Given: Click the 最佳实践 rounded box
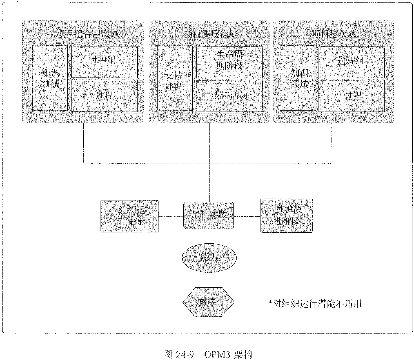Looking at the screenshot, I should click(x=209, y=215).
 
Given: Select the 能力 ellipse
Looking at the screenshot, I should click(x=209, y=257).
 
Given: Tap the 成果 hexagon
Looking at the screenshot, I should click(x=208, y=302).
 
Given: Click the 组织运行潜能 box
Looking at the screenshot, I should click(x=130, y=216).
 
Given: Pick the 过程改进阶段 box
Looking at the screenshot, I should click(x=286, y=216).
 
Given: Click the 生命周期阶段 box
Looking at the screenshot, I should click(x=229, y=62).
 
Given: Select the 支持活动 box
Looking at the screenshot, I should click(x=229, y=96).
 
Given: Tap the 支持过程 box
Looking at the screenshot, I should click(x=175, y=78).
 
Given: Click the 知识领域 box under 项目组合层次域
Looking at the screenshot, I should click(x=50, y=78).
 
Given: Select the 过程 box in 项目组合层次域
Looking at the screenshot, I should click(x=104, y=96).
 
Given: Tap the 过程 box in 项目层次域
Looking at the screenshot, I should click(x=351, y=96).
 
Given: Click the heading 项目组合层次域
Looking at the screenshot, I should click(x=88, y=34).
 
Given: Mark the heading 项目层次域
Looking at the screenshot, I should click(x=334, y=34).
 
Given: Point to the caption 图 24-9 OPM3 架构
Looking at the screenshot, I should click(x=209, y=354).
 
